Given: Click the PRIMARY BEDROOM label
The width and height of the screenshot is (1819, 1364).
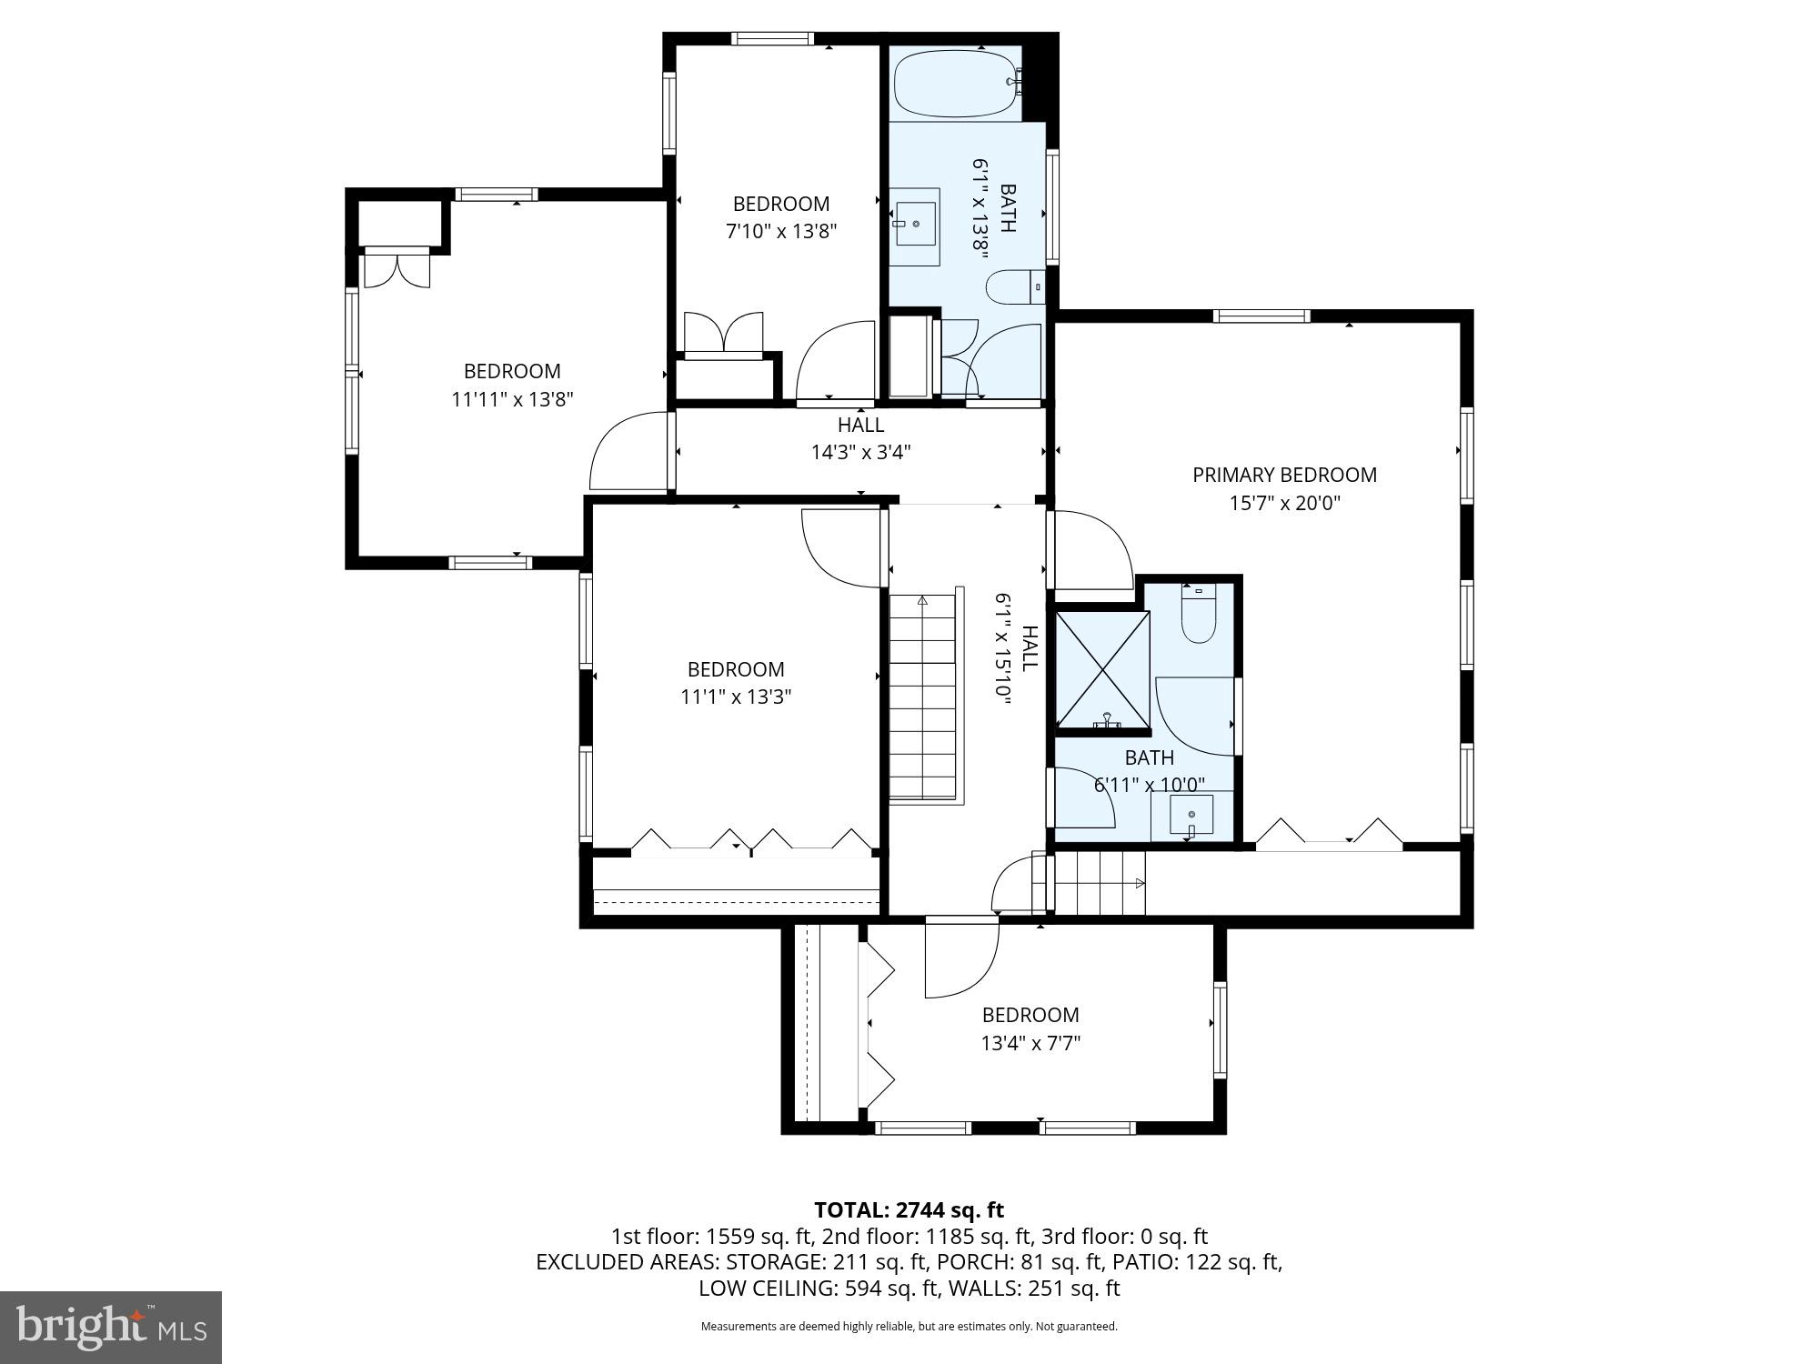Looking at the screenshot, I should (x=1284, y=475).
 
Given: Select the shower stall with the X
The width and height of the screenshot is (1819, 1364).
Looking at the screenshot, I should (x=1102, y=669).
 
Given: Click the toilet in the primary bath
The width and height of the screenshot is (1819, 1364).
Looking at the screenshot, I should (x=1198, y=617).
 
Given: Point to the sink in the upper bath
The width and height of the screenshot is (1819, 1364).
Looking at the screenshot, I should (x=915, y=224).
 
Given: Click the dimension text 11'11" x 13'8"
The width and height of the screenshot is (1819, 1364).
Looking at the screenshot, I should (x=512, y=399).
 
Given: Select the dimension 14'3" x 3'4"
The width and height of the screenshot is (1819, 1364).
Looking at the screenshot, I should (x=860, y=452).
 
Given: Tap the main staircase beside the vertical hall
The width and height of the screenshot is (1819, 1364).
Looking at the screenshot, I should (x=923, y=696).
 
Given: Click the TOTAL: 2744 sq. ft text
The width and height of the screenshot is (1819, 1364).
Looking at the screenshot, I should (x=909, y=1210).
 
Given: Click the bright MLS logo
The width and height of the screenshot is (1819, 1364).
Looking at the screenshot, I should (x=111, y=1328).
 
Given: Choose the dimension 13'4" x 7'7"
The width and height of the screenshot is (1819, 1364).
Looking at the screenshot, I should (x=1030, y=1043).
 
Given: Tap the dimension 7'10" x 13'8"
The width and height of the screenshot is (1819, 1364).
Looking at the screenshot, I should (x=780, y=232).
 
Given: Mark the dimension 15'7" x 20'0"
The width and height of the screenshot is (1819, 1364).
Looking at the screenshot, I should (x=1284, y=503).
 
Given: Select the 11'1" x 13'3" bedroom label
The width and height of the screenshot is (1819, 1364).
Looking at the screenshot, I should (x=735, y=669).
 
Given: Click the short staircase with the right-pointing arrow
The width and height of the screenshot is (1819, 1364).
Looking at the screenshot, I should (x=1099, y=883).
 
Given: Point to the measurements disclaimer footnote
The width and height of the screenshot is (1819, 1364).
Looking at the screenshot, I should (x=909, y=1327).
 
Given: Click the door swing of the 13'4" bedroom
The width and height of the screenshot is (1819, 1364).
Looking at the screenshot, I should (x=960, y=961).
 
